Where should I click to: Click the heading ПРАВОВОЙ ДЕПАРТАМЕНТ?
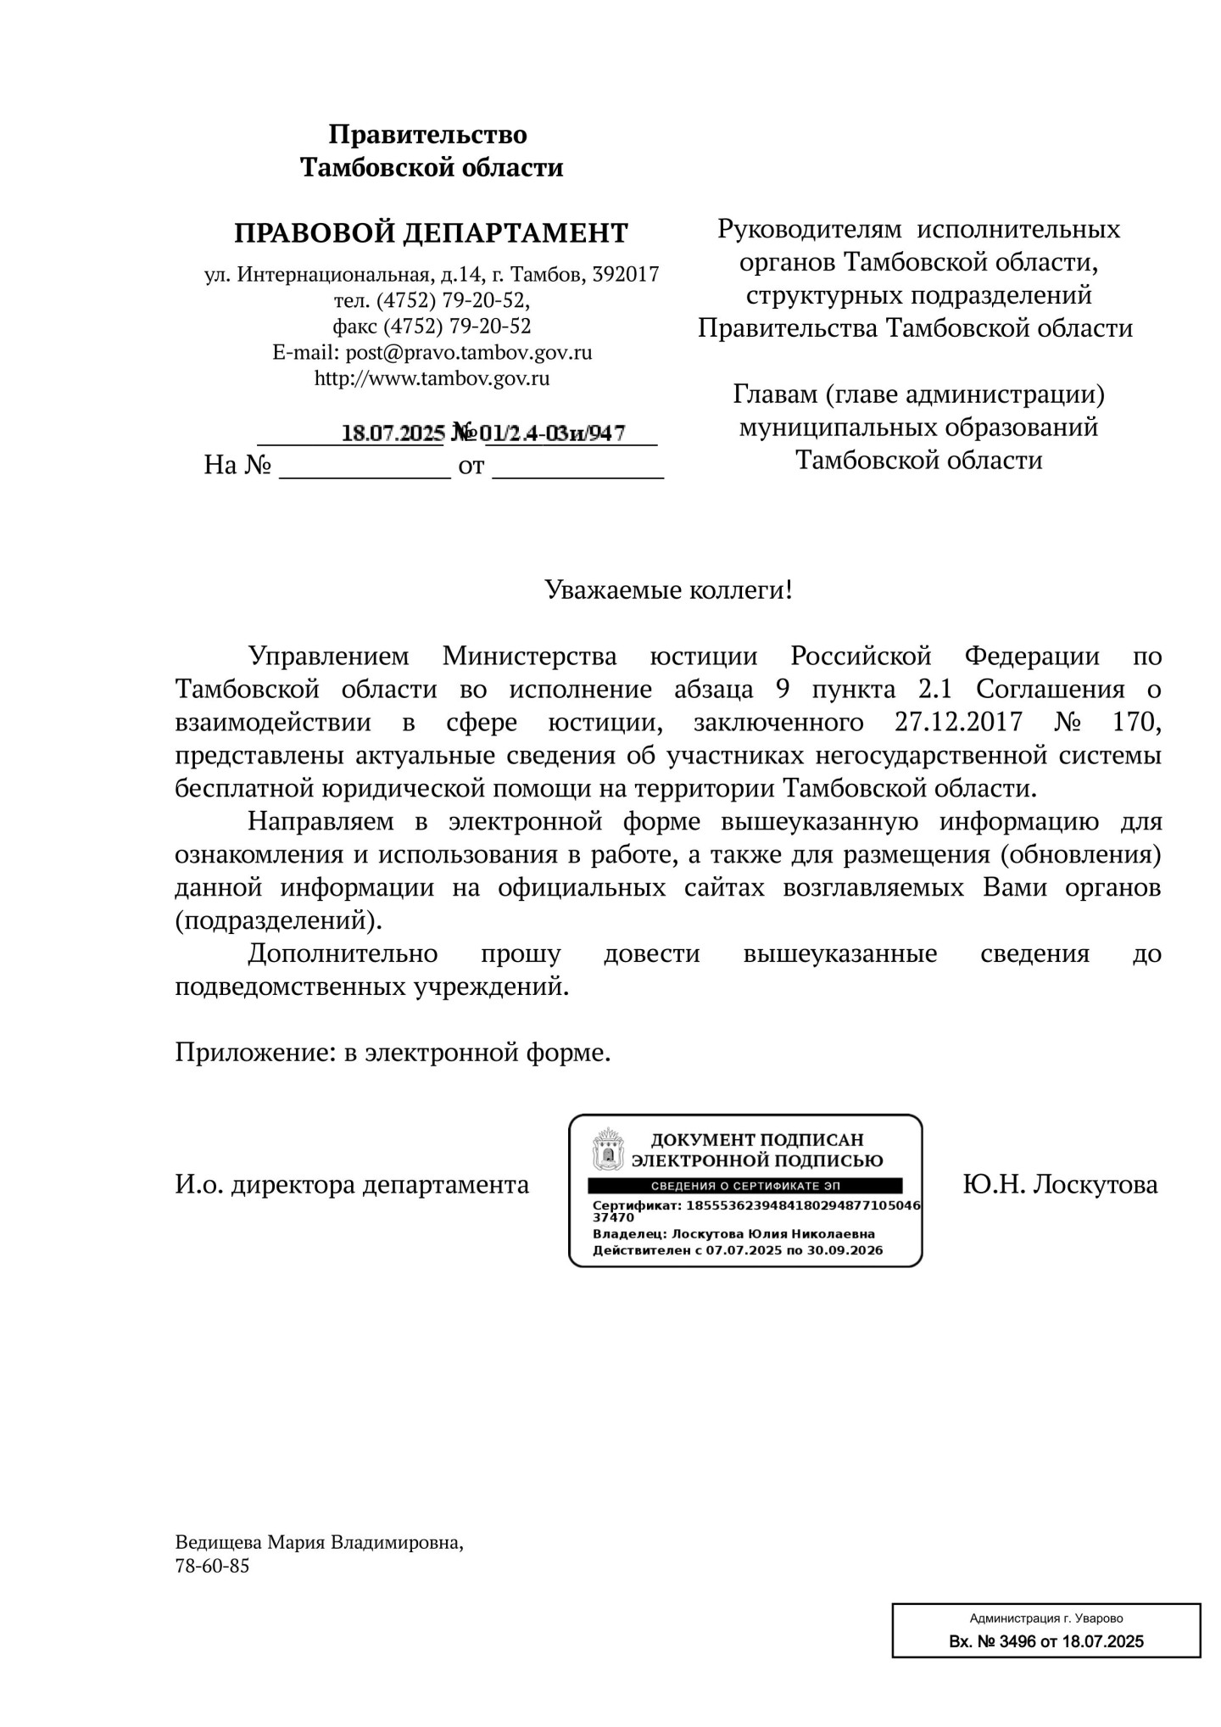click(431, 232)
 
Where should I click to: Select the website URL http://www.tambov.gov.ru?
click(432, 378)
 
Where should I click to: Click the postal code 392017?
click(626, 275)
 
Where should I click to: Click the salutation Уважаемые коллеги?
click(668, 590)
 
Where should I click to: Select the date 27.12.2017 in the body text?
click(958, 723)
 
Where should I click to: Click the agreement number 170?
click(1135, 723)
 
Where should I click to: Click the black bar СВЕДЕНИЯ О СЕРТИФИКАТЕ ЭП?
click(744, 1186)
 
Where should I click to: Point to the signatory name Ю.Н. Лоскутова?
click(1060, 1184)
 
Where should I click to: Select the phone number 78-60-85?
click(212, 1566)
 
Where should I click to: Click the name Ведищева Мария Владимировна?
click(319, 1542)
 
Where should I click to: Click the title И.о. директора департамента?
click(352, 1184)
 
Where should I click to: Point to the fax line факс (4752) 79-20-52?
click(432, 326)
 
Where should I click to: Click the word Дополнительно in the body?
click(343, 953)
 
